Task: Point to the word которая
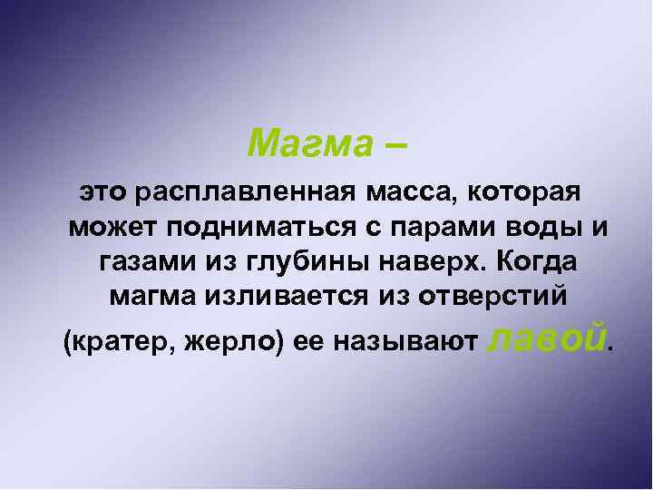[525, 191]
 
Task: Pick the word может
[108, 226]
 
